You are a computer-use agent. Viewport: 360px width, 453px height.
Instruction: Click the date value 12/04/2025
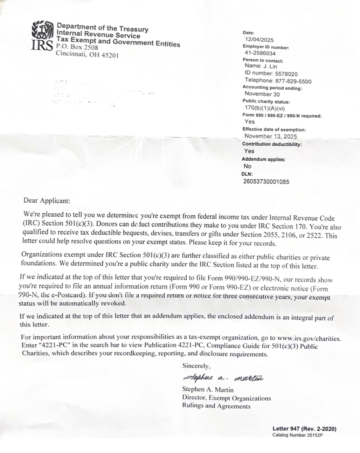point(259,40)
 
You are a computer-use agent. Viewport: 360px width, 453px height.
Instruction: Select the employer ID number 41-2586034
point(260,54)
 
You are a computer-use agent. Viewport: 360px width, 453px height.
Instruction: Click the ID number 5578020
point(286,74)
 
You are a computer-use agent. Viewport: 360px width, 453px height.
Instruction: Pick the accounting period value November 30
point(262,94)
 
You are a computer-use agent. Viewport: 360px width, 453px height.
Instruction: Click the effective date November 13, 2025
point(270,136)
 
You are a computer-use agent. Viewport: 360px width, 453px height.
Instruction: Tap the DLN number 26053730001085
point(266,182)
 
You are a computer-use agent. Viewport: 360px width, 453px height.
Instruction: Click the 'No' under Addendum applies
point(248,166)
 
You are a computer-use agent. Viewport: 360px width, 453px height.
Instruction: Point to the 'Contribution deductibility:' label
point(272,144)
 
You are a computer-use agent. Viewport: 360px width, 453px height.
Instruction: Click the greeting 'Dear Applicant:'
point(47,201)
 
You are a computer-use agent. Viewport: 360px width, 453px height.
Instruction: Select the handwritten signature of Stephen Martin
point(223,378)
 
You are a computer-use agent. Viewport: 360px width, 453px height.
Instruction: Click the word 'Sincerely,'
point(196,366)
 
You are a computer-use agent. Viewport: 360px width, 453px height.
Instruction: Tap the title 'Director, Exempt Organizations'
point(226,398)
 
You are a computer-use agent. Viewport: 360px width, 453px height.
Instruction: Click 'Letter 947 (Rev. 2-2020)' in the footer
point(304,429)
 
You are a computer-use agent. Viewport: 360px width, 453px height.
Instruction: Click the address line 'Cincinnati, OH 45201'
point(87,55)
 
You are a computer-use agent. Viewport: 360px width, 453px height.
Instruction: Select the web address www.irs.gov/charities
point(309,338)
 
